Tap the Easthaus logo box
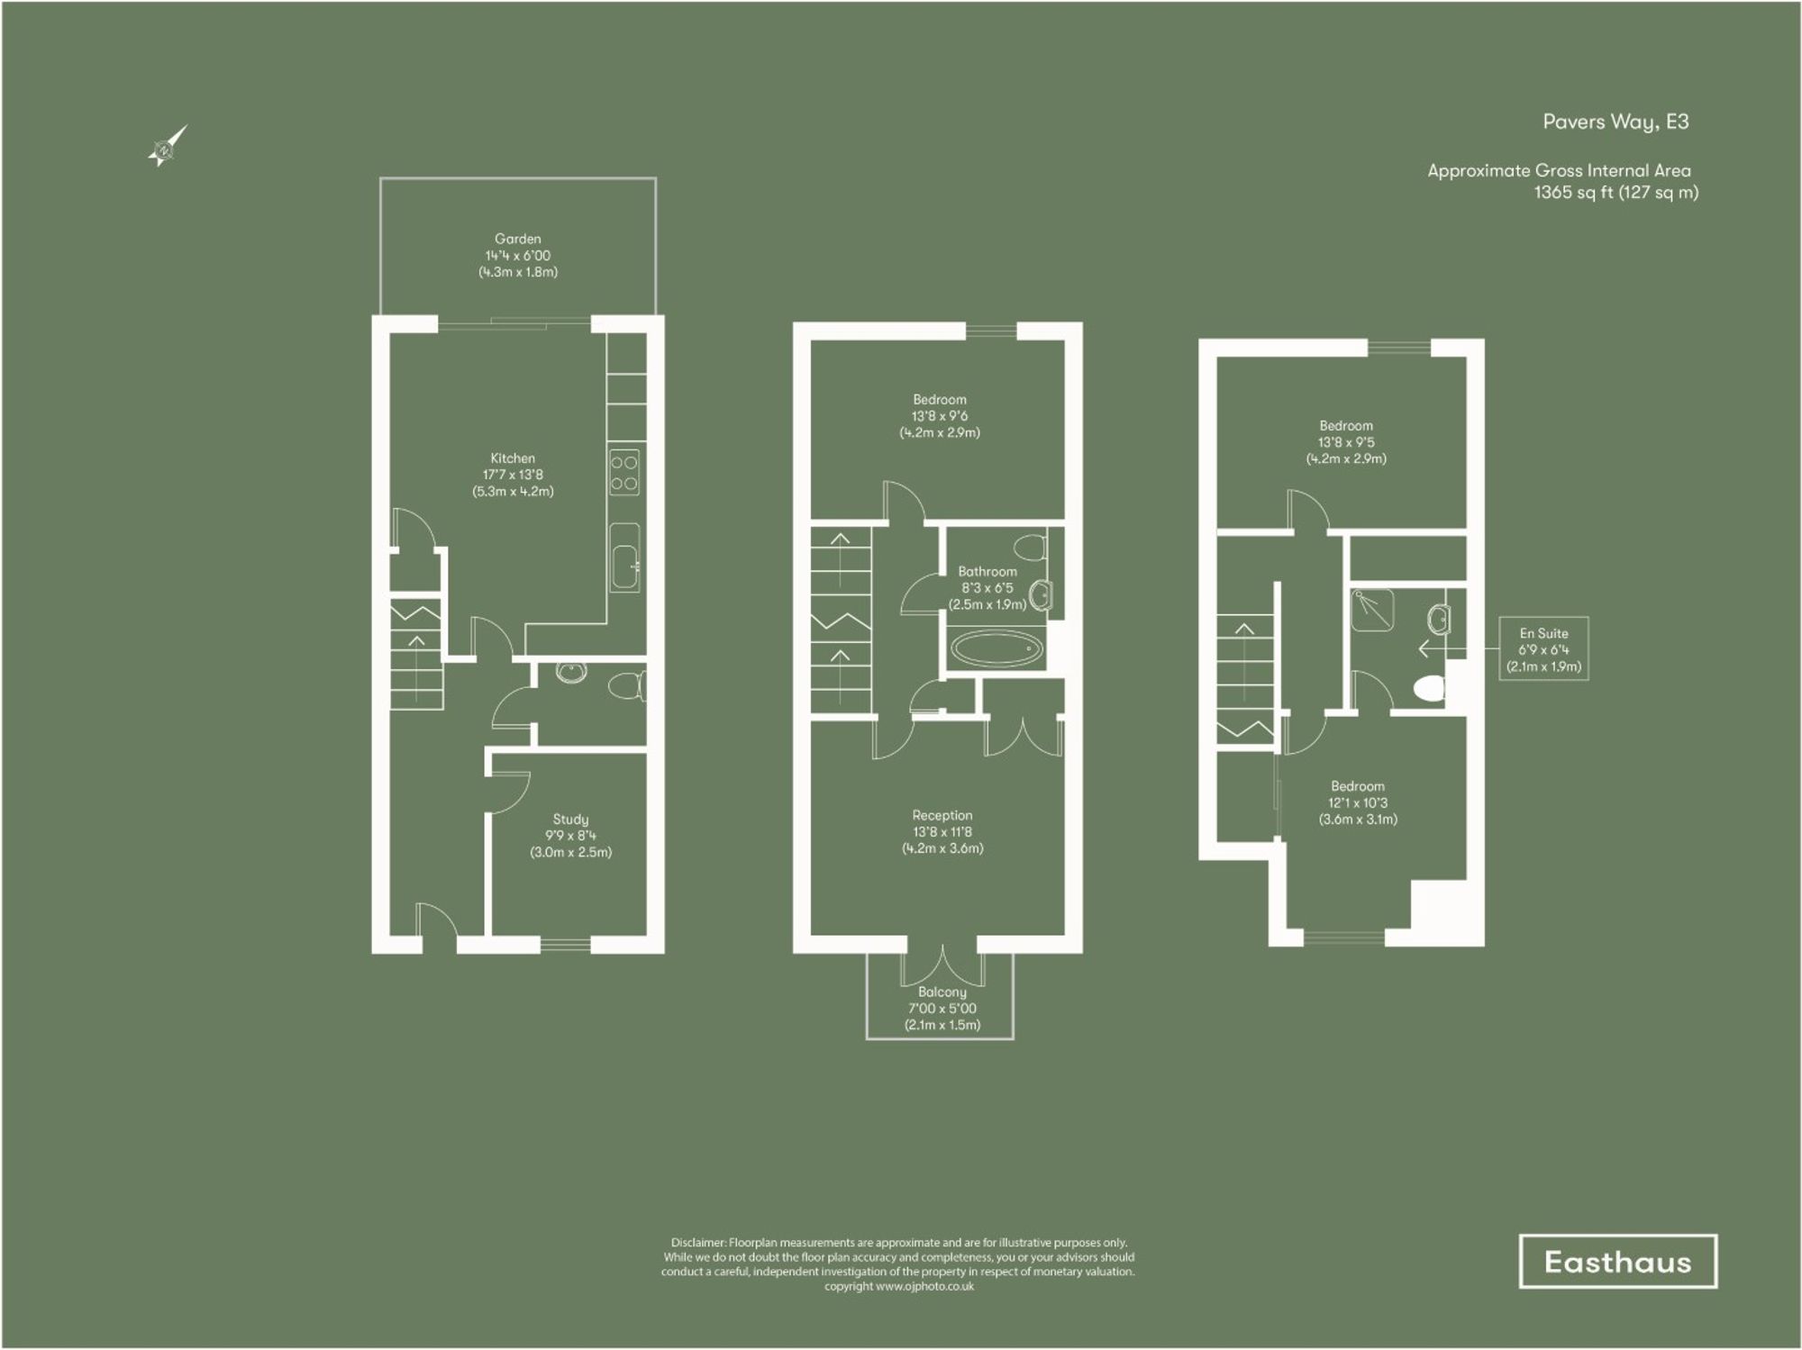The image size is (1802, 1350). [x=1617, y=1261]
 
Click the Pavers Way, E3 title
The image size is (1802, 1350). [x=1615, y=122]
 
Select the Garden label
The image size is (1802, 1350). [x=517, y=239]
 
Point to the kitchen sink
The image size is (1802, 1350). [x=624, y=556]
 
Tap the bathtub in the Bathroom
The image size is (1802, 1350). [x=997, y=648]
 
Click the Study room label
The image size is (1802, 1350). [x=570, y=820]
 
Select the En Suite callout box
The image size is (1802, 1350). [x=1543, y=649]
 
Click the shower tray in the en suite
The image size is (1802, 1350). [x=1373, y=610]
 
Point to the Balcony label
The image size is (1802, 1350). [x=942, y=992]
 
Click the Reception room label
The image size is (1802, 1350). [x=942, y=816]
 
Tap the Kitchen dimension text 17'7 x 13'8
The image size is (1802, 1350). [x=513, y=475]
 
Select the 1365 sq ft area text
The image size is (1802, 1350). [x=1615, y=192]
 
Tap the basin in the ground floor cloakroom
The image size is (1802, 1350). [x=571, y=672]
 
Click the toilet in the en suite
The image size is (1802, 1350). [x=1430, y=689]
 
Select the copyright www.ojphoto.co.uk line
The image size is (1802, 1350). [x=898, y=1286]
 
